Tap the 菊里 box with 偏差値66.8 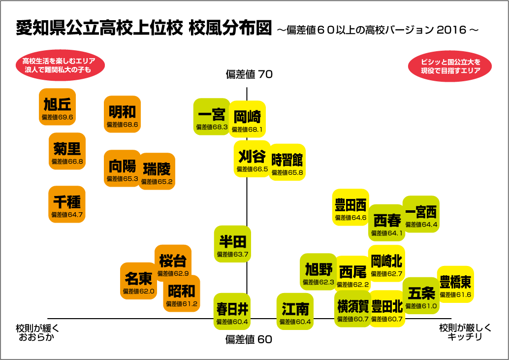pos(67,151)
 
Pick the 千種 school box pos(67,204)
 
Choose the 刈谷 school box pos(252,159)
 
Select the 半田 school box pos(232,244)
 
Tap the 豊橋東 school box pos(455,285)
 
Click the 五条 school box pos(421,295)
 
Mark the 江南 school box pos(295,311)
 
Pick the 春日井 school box pos(232,311)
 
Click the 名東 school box pos(138,281)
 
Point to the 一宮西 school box pos(421,214)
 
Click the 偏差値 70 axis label pos(249,75)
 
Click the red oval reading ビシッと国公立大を pos(450,66)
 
